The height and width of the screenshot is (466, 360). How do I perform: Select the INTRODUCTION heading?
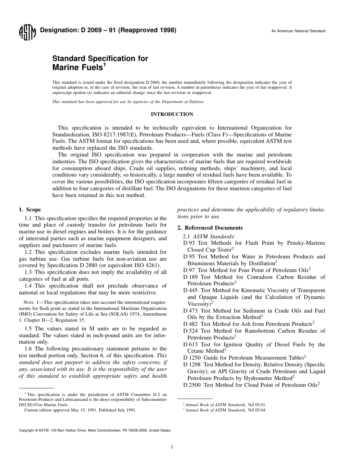coord(172,114)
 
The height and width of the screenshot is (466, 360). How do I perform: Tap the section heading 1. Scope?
coord(30,210)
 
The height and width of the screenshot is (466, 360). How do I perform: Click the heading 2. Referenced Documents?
coord(210,228)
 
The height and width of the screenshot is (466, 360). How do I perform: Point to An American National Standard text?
coord(298,31)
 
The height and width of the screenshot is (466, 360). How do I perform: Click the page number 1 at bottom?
coord(172,447)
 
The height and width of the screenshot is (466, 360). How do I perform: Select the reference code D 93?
coord(189,243)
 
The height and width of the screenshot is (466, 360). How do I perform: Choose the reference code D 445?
coord(190,290)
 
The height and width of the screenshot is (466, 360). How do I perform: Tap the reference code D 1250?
coord(192,358)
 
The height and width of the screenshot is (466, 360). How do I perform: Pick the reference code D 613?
coord(190,344)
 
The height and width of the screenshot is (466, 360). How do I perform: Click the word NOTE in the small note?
coord(29,302)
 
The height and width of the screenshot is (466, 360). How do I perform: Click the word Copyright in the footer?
coord(26,431)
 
